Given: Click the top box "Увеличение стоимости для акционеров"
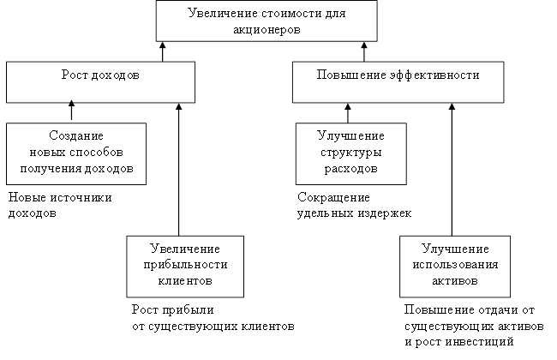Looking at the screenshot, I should click(266, 21).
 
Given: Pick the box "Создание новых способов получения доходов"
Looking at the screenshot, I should click(75, 153).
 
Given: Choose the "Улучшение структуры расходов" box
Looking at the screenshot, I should click(350, 153).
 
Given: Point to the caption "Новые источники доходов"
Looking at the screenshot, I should click(60, 205).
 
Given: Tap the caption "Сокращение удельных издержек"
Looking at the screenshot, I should click(354, 205).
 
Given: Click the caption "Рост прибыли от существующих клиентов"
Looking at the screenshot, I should click(213, 317).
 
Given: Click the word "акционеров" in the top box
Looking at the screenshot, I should click(267, 29).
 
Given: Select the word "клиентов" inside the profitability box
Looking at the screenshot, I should click(179, 280).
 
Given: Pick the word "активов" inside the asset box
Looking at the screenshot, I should click(455, 280).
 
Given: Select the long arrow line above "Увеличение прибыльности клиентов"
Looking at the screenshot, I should click(179, 171).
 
